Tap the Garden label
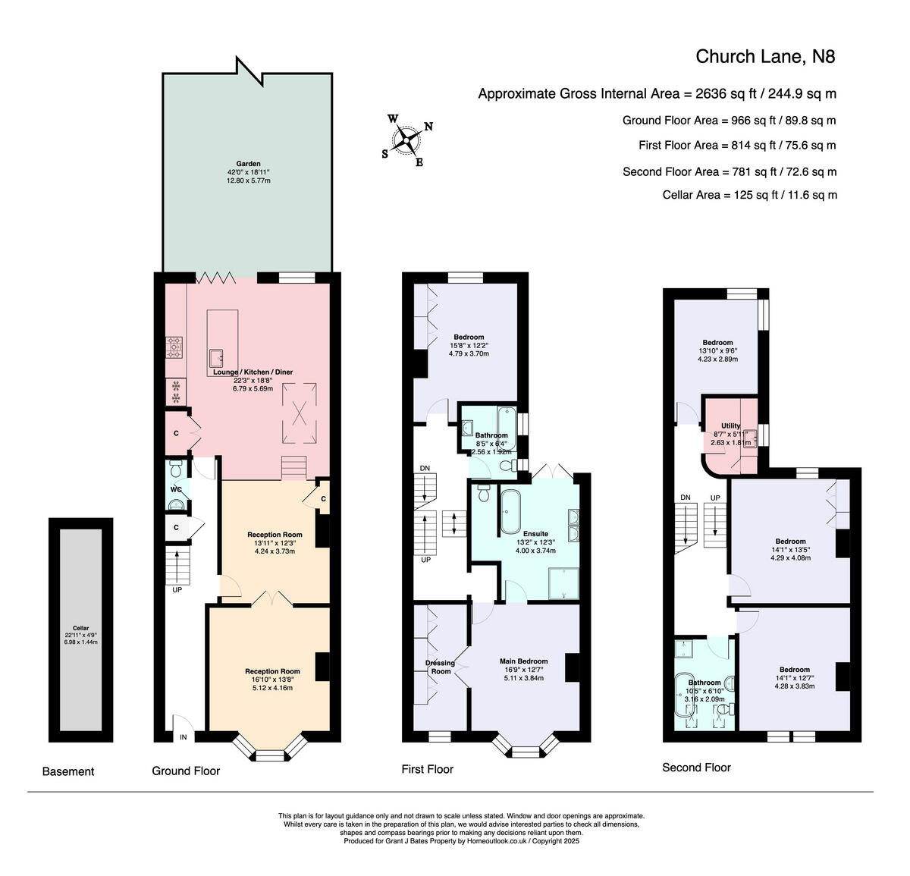248,164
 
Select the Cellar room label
81,628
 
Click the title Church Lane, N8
765,57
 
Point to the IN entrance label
184,737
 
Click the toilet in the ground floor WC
176,468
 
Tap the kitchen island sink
215,358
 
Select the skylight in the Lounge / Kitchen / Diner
300,413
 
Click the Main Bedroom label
524,661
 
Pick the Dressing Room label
440,667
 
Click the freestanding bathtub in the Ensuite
510,512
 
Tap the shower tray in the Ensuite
563,583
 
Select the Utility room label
731,425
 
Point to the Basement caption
68,771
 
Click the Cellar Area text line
749,195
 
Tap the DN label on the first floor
425,468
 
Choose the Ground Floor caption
186,771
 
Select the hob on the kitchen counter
174,347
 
